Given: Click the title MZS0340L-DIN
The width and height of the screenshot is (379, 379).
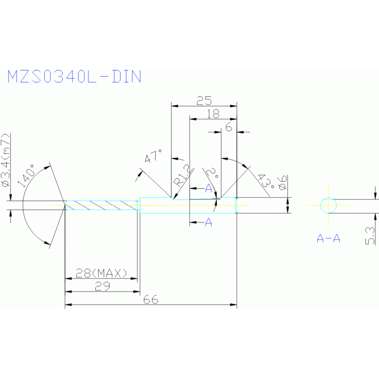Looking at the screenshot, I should (74, 77).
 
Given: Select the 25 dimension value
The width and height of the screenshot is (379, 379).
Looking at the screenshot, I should (201, 101).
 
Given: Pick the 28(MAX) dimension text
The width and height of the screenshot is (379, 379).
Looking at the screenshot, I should (101, 273).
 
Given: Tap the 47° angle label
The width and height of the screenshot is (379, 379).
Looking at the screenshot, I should (153, 158).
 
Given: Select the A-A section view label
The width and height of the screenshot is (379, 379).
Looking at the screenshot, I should (329, 239).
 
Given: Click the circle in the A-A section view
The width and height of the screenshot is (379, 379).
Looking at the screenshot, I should (328, 205).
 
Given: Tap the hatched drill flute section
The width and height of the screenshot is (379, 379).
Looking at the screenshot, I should (102, 205).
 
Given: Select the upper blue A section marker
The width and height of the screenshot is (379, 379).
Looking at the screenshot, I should (209, 189).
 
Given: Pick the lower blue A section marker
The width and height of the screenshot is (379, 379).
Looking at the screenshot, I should (209, 223).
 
